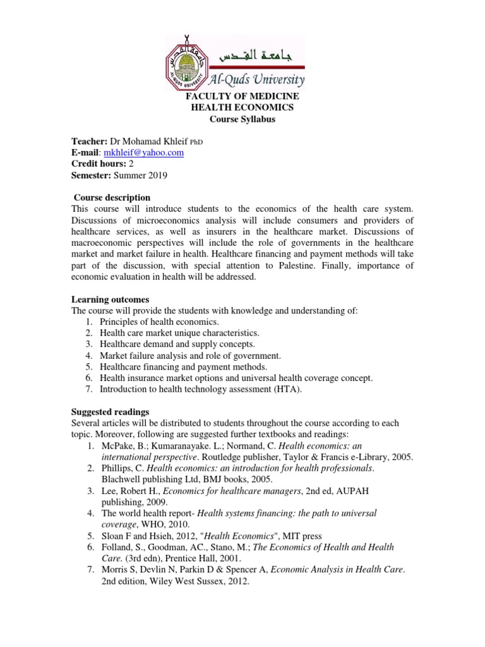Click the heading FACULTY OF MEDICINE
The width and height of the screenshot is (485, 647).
point(242,96)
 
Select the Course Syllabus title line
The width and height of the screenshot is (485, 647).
point(242,119)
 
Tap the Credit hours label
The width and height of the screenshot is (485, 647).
point(97,164)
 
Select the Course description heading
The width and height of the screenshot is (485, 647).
point(112,198)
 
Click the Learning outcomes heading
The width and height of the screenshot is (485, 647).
point(110,299)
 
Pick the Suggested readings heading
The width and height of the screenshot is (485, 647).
point(110,411)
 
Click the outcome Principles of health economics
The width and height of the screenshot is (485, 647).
point(150,322)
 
